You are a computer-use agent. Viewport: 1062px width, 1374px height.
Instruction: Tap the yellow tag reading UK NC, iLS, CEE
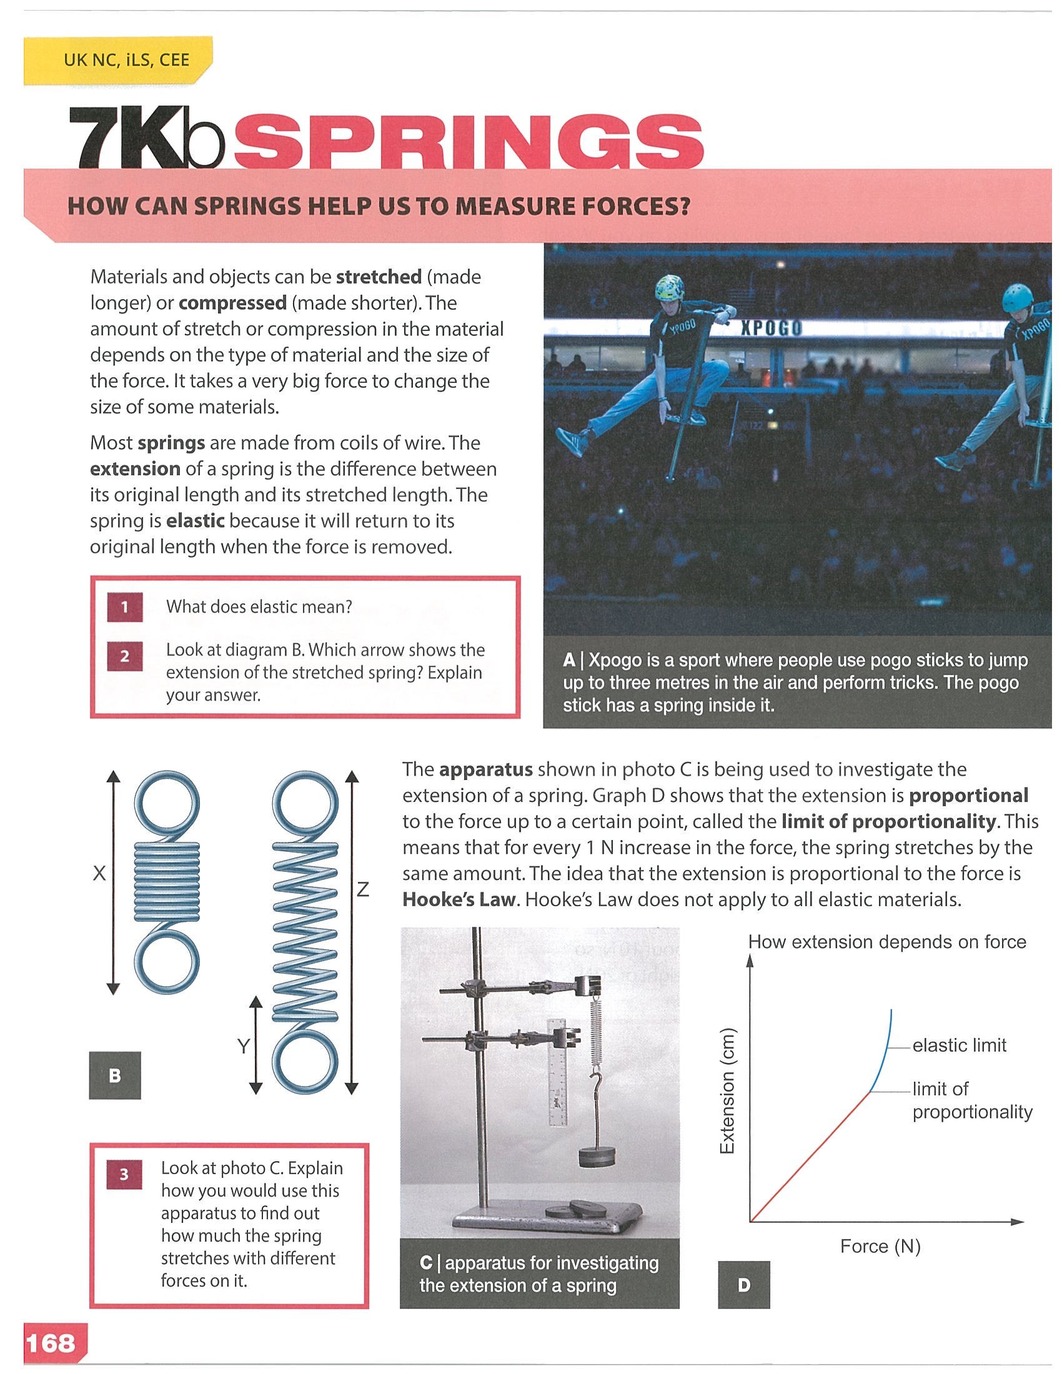tap(117, 61)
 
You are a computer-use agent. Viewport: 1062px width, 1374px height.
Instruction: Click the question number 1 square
tap(124, 607)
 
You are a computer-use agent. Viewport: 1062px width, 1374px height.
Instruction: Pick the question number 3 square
tap(124, 1175)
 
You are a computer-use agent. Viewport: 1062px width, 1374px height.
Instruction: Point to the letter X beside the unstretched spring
tap(99, 873)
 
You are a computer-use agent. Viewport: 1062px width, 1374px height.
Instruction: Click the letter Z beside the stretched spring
tap(362, 889)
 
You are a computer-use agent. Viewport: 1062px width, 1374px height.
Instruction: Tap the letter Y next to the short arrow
tap(244, 1046)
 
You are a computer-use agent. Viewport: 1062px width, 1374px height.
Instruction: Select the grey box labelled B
tap(114, 1075)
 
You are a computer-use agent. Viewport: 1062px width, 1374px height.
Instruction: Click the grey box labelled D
tap(743, 1285)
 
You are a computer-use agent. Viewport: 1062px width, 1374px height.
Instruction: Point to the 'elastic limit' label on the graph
tap(960, 1045)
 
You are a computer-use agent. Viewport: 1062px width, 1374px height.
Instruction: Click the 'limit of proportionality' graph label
tap(973, 1101)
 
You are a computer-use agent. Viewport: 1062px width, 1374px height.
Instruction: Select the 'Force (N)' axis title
tap(880, 1247)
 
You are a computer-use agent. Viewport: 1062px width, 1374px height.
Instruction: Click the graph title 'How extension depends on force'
tap(887, 942)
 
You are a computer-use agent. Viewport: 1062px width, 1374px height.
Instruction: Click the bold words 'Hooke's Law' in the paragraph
tap(459, 899)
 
